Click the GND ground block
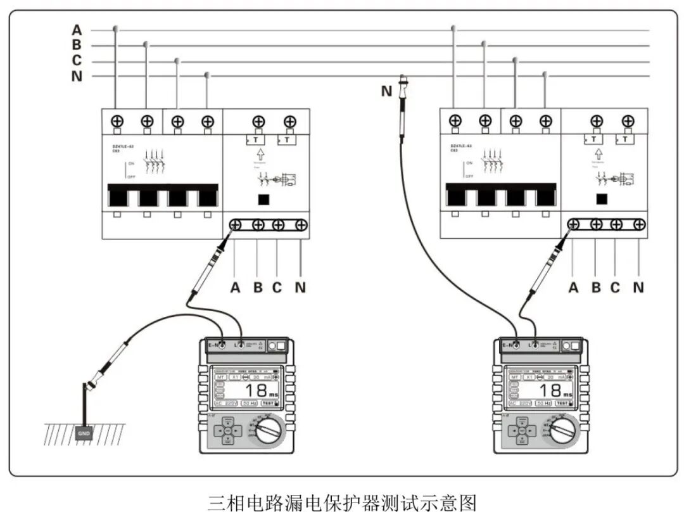84,434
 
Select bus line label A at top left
77,30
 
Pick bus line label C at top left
77,61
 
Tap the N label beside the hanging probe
386,91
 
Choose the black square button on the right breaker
603,200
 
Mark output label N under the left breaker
300,288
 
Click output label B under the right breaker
595,288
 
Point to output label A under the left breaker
236,288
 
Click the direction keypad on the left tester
227,431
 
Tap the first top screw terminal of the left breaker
117,120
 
